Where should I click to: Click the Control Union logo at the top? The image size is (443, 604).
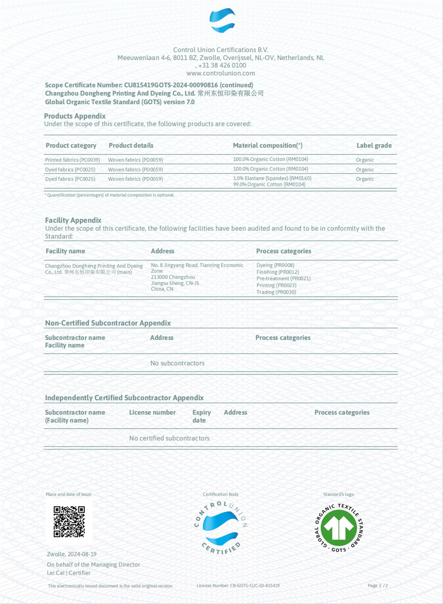(222, 21)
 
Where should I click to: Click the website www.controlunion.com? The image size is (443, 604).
(221, 73)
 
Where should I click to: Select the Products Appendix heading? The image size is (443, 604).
(75, 116)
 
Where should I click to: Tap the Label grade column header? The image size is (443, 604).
(374, 145)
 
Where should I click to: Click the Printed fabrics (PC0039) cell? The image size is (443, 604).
(72, 160)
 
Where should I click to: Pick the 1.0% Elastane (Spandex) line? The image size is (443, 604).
(272, 178)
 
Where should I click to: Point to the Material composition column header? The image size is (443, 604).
(267, 145)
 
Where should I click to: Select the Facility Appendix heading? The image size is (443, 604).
(73, 220)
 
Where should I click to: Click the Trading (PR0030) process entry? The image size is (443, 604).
(276, 292)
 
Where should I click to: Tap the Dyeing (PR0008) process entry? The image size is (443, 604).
(275, 265)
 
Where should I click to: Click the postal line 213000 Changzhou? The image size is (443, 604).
(173, 277)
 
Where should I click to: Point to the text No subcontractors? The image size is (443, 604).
(177, 363)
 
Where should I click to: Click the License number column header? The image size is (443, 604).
(152, 412)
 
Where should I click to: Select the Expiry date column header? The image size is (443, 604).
(201, 416)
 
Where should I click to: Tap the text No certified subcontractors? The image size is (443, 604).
(169, 438)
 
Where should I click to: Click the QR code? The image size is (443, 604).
(69, 521)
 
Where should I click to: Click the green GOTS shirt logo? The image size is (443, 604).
(339, 527)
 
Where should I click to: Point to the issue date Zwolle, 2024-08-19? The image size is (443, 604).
(72, 554)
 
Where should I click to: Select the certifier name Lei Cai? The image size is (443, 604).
(56, 573)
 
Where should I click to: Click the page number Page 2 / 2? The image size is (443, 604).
(377, 585)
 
